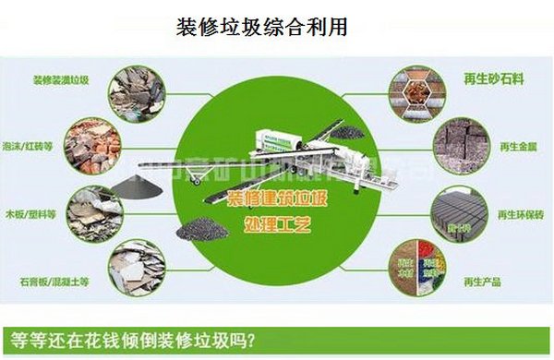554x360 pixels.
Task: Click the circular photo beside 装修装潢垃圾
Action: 136,91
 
